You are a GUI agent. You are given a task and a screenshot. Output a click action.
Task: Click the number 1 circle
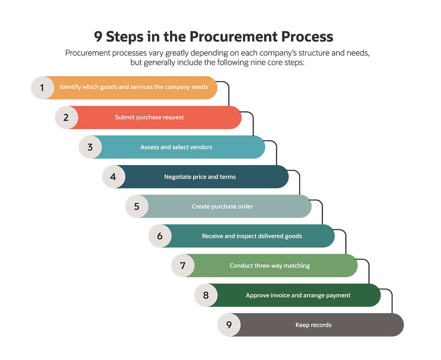42,88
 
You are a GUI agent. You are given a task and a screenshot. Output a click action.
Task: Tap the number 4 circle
114,177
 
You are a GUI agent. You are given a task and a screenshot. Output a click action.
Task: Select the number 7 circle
183,266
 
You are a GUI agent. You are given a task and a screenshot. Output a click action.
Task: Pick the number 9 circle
229,325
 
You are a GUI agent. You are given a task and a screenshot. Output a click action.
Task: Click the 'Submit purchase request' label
149,117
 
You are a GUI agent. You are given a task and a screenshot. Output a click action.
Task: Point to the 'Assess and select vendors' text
176,147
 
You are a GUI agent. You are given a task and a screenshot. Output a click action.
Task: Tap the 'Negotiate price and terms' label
200,177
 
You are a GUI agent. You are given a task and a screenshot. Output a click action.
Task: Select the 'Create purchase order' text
222,207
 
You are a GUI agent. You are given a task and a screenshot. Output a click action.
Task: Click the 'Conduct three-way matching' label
269,266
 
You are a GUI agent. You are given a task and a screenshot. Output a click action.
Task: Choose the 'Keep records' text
313,325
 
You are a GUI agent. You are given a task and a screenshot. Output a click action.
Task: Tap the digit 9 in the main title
98,37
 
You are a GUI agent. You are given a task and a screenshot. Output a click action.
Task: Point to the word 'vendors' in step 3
201,147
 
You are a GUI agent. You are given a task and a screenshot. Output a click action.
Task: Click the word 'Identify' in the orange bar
70,87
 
